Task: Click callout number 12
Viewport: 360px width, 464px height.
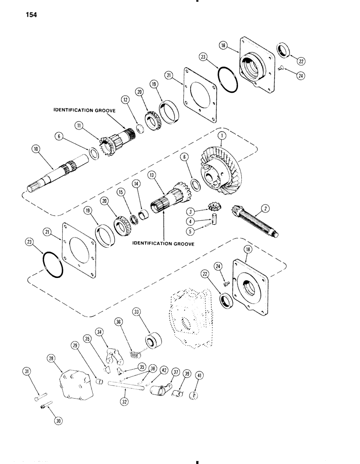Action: (x=125, y=99)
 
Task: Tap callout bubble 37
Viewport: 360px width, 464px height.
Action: (x=176, y=372)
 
